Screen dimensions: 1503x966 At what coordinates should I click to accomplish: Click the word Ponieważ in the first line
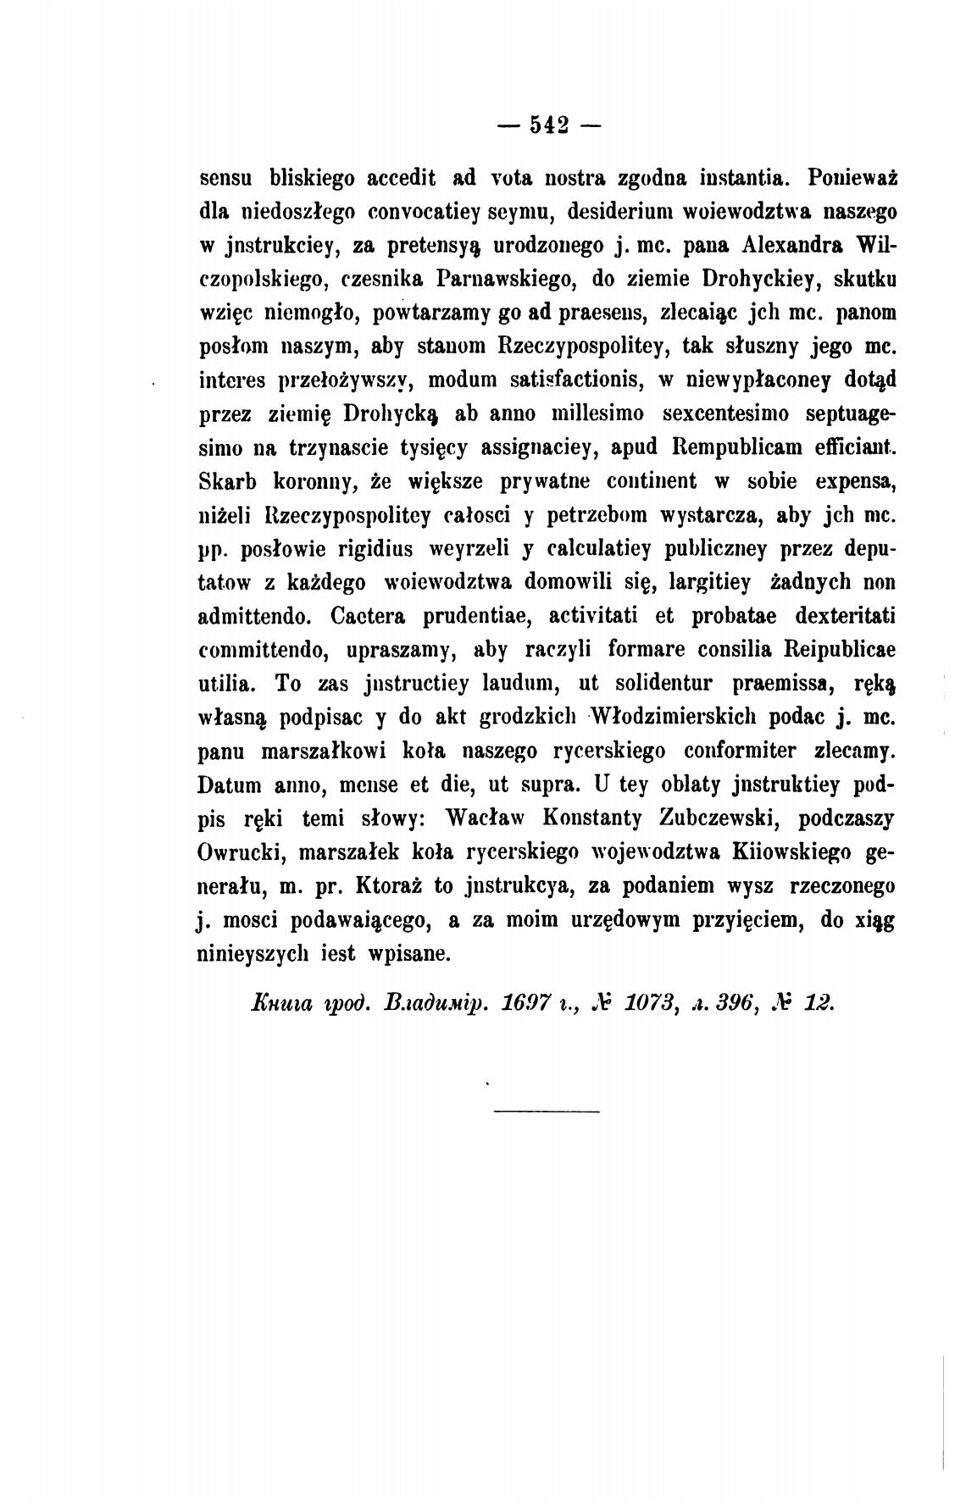coord(852,179)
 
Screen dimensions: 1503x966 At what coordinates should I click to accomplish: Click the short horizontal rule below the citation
coord(546,1111)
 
